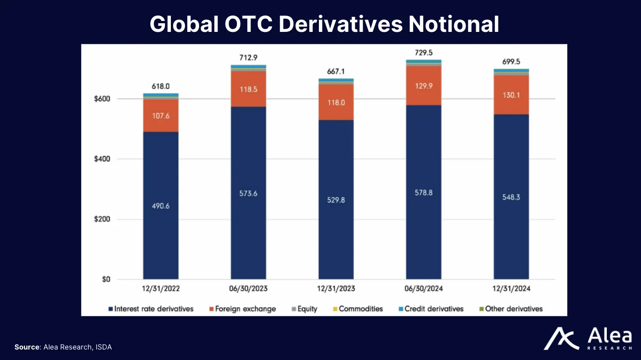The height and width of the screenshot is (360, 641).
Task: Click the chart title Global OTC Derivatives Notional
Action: (324, 24)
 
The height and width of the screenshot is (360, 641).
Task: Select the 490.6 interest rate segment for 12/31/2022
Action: (160, 206)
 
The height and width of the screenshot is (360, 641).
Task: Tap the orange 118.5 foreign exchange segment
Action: (248, 89)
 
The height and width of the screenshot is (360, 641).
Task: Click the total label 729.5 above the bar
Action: (423, 53)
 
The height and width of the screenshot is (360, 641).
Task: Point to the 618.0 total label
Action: (160, 86)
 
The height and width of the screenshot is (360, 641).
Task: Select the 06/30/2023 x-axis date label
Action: (248, 289)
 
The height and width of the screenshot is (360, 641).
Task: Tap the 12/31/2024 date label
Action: (511, 289)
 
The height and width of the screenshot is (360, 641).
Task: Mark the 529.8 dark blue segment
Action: (336, 200)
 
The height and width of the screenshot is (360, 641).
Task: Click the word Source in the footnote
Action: (27, 347)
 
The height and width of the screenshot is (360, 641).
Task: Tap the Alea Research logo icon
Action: (561, 338)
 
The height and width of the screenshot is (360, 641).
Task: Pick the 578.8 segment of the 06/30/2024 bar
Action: (423, 192)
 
